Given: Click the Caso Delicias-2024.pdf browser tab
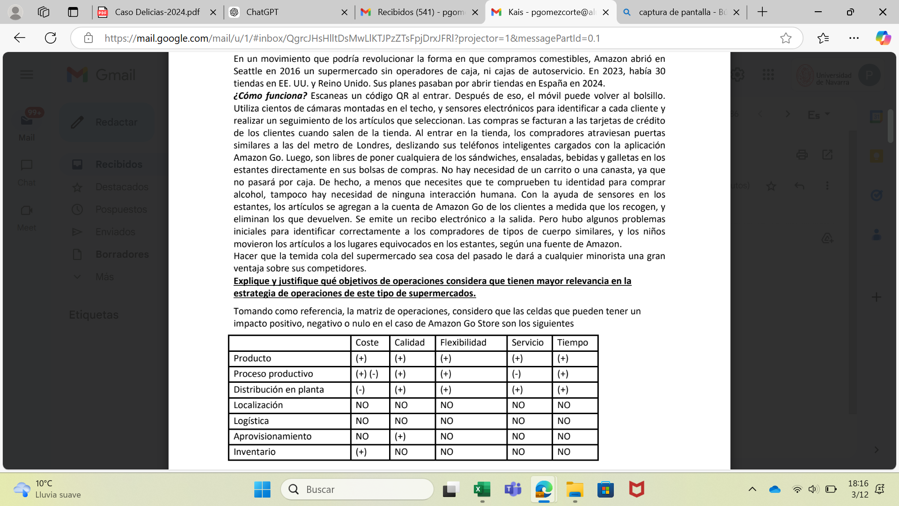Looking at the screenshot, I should coord(157,12).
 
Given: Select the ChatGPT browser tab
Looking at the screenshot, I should coord(262,12).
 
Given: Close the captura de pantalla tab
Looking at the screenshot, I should coord(737,12).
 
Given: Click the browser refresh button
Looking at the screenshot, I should coord(51,38).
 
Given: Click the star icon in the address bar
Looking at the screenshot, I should coord(786,38).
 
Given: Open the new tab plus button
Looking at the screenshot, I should coord(762,12).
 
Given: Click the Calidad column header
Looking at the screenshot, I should coord(409,342).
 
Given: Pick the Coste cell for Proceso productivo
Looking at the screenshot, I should coord(367,374).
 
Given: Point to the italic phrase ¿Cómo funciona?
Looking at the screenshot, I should coord(270,96).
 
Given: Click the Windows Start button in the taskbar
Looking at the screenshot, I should coord(262,490).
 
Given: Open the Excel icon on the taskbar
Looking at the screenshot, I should coord(482,490).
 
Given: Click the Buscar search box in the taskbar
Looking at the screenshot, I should coord(358,490).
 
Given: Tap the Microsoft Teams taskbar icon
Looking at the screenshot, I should coord(513,490).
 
